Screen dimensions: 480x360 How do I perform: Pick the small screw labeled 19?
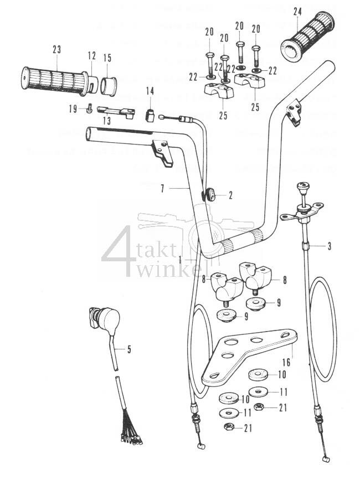(x=89, y=109)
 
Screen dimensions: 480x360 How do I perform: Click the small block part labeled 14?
(x=149, y=115)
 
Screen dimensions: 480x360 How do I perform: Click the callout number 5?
(x=129, y=349)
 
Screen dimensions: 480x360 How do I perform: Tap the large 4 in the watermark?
(x=119, y=251)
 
